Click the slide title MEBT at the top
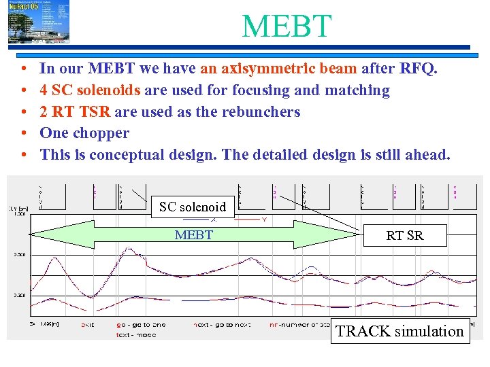pos(287,25)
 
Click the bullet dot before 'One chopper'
pos(24,133)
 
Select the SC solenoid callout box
pos(193,207)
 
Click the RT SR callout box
pos(404,235)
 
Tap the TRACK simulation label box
pos(400,331)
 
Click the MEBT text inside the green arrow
pos(194,235)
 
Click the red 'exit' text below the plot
pos(88,325)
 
